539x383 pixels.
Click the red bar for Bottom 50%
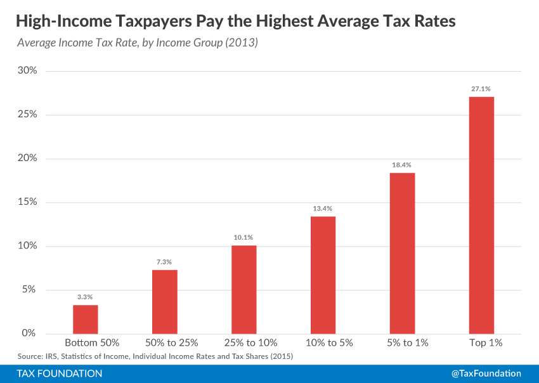click(86, 319)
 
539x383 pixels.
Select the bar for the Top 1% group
click(481, 215)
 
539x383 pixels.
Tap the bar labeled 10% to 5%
click(323, 275)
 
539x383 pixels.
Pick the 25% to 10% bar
click(244, 289)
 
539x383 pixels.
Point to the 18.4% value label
click(402, 164)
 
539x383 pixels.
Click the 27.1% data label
click(481, 89)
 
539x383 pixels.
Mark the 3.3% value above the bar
click(86, 297)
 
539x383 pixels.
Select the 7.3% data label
click(164, 262)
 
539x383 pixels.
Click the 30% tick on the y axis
click(27, 71)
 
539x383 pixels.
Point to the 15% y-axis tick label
click(27, 202)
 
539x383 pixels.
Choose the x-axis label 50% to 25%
click(164, 343)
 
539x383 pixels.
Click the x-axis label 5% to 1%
click(402, 343)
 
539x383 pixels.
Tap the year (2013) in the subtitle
click(246, 44)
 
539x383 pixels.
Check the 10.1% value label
click(244, 237)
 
